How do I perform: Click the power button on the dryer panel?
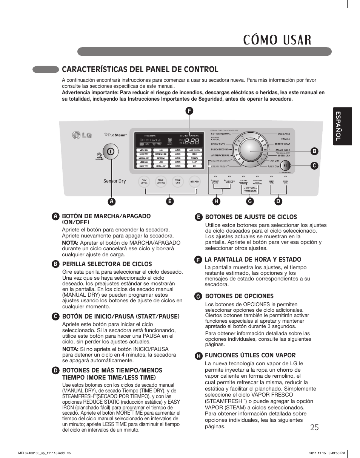[110, 152]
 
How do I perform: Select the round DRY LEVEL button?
[144, 182]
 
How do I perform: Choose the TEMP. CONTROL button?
[161, 182]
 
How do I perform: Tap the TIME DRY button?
[178, 182]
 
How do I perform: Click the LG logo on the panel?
[82, 135]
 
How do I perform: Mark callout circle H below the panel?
[216, 202]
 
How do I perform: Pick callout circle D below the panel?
[278, 202]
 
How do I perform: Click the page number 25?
[315, 427]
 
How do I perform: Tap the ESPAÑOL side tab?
[342, 126]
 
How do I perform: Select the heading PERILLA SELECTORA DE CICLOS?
[107, 264]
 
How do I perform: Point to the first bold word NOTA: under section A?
[70, 243]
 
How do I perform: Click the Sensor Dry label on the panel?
[115, 181]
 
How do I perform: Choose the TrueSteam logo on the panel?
[115, 135]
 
